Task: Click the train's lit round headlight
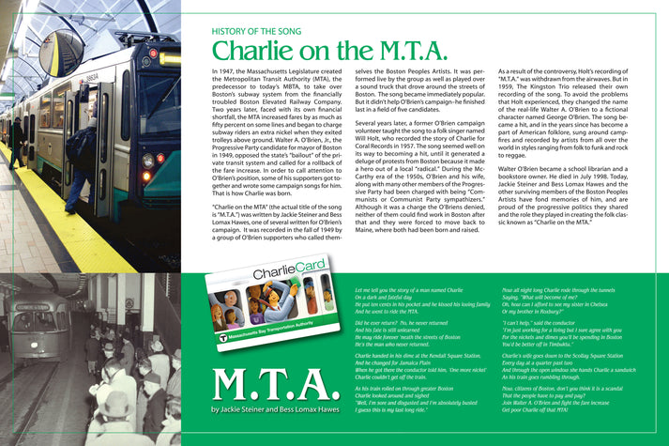(146, 161)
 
